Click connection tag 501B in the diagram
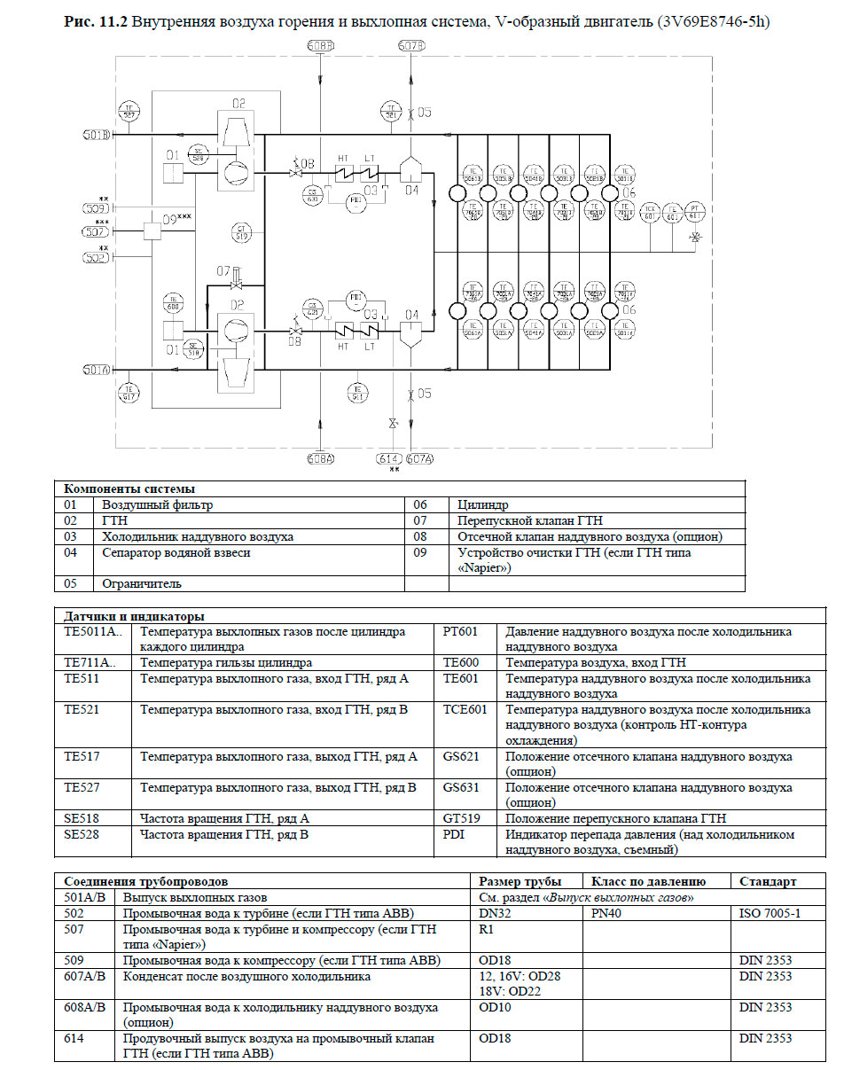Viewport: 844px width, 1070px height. pyautogui.click(x=96, y=135)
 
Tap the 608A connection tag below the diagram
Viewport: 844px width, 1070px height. pyautogui.click(x=320, y=458)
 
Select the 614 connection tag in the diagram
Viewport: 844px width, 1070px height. pyautogui.click(x=388, y=458)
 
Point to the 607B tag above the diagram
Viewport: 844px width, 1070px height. pyautogui.click(x=411, y=45)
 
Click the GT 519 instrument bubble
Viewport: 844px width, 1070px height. pyautogui.click(x=240, y=233)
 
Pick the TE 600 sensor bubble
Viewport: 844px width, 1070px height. pyautogui.click(x=174, y=303)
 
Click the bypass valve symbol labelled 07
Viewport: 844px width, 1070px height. pyautogui.click(x=236, y=285)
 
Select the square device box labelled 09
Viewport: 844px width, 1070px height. pyautogui.click(x=152, y=230)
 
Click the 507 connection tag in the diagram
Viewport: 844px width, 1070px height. pyautogui.click(x=96, y=232)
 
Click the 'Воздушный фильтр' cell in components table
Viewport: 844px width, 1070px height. pyautogui.click(x=157, y=505)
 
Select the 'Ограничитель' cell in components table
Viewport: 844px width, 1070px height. pyautogui.click(x=142, y=584)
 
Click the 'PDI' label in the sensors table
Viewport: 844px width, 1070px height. pyautogui.click(x=454, y=834)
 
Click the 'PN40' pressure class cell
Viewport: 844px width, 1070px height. pyautogui.click(x=607, y=913)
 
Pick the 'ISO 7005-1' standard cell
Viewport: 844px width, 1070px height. pyautogui.click(x=770, y=913)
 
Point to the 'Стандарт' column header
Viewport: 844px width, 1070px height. pyautogui.click(x=768, y=881)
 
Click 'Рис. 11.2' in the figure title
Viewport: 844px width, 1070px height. pyautogui.click(x=97, y=21)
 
